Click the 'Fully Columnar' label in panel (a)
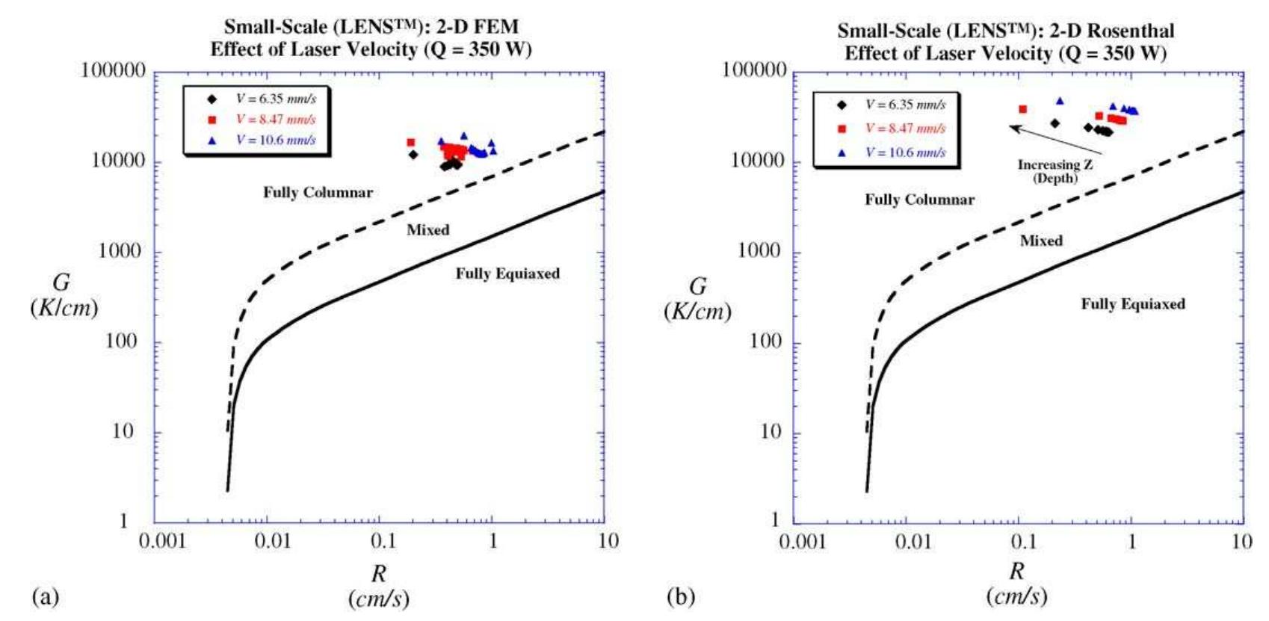(x=318, y=193)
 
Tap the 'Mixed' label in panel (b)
(x=1041, y=241)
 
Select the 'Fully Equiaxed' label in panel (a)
(x=507, y=274)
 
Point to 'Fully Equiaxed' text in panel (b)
(x=1132, y=304)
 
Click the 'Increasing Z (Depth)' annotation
(x=1055, y=171)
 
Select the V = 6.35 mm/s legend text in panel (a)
(x=276, y=99)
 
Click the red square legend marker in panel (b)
(x=842, y=129)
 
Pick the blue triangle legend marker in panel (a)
(x=212, y=140)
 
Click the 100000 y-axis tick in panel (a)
(x=113, y=71)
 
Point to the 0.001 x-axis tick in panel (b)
(x=803, y=541)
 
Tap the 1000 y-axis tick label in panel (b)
(x=759, y=251)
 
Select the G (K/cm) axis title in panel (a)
(x=64, y=294)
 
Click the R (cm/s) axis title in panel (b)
(x=1016, y=584)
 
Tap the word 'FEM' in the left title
(x=497, y=28)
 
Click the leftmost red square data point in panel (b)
(x=1022, y=110)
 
